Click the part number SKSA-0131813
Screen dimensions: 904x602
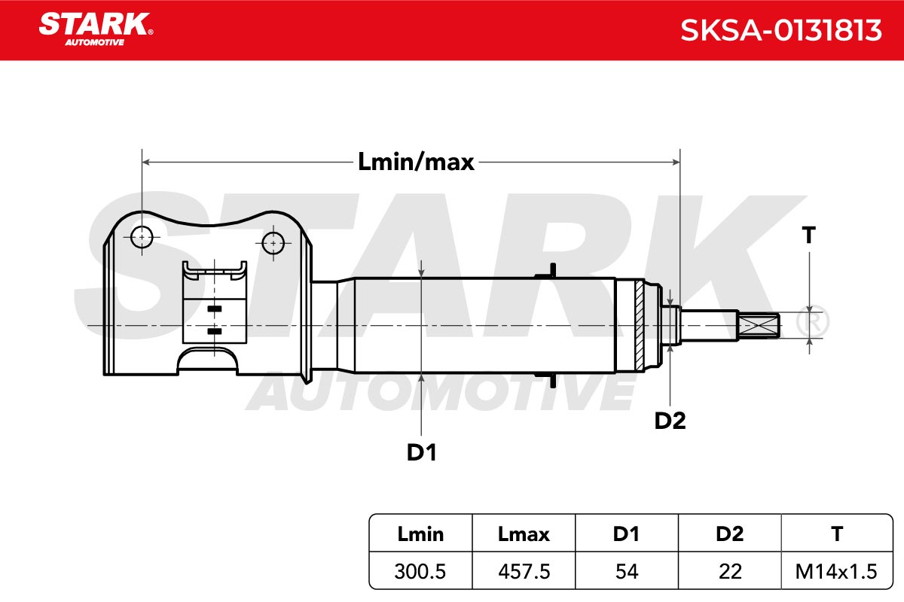(x=780, y=30)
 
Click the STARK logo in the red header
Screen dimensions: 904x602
(x=96, y=29)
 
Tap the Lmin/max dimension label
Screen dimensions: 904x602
(x=416, y=162)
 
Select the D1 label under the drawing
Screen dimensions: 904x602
(x=421, y=452)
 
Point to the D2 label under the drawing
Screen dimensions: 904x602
(x=670, y=421)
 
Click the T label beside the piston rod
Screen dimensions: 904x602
(x=809, y=235)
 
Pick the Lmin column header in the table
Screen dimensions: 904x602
(x=420, y=534)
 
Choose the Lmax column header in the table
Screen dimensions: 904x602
(x=524, y=534)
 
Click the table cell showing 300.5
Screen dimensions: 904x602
(x=420, y=571)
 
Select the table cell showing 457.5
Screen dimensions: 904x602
(x=524, y=571)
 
